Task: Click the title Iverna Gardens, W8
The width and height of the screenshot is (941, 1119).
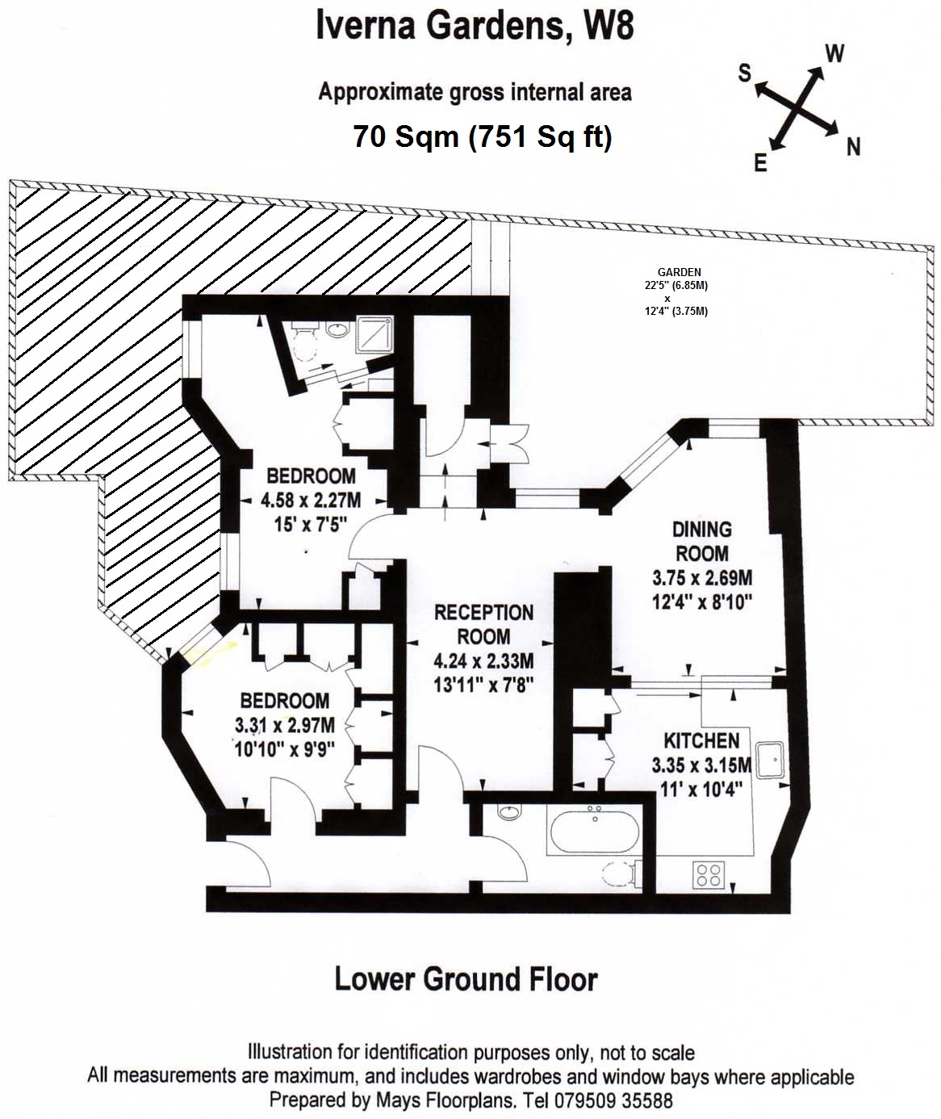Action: [x=475, y=25]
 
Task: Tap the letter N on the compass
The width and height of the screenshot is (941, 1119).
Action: [x=853, y=147]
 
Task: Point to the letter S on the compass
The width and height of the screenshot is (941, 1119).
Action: [x=744, y=73]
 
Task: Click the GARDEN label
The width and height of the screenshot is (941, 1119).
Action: [x=679, y=273]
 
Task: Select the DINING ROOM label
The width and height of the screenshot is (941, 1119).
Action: [x=701, y=542]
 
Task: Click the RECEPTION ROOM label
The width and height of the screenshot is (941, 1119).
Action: [x=483, y=624]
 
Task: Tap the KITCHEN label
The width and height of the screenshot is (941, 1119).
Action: [x=701, y=741]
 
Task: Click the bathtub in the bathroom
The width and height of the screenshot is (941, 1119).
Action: [x=595, y=830]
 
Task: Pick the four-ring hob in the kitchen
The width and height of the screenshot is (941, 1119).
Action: [x=709, y=874]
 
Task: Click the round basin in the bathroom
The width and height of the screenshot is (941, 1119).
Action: [x=510, y=811]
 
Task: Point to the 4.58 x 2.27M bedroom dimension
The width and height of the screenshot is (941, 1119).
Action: [x=311, y=501]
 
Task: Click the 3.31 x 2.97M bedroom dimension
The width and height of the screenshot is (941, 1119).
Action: [x=285, y=725]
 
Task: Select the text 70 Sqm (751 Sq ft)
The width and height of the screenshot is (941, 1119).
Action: [x=482, y=136]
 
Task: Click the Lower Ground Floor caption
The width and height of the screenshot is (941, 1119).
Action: [x=466, y=979]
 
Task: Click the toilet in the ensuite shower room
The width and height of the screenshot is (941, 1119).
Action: [x=304, y=343]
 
